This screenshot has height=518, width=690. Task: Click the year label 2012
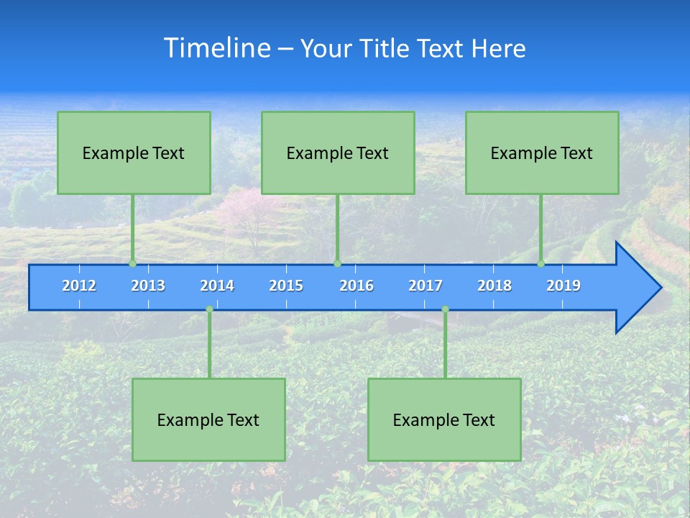79,286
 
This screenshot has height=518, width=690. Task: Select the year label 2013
148,286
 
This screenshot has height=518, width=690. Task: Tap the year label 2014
217,286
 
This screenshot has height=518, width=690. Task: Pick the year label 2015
286,286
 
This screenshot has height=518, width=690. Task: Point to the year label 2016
356,286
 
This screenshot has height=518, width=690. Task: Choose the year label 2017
425,286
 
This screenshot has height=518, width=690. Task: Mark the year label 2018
494,286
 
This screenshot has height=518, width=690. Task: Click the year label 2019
563,286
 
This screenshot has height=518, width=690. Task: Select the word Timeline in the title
216,48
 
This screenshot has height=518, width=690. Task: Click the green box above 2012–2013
134,153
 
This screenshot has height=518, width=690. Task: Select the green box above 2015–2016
338,153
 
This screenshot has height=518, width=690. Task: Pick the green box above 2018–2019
542,153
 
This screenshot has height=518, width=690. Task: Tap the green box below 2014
208,419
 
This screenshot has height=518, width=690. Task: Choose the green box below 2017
444,419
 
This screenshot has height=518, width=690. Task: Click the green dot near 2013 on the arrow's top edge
133,263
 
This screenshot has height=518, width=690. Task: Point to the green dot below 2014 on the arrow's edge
209,309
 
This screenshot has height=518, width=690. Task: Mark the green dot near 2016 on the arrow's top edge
337,263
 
